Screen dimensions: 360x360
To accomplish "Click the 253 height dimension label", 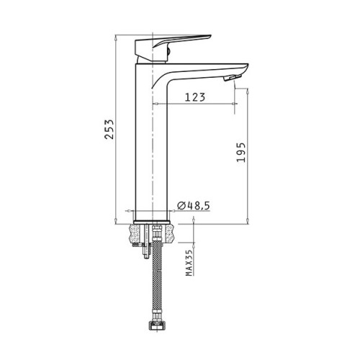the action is [109, 129].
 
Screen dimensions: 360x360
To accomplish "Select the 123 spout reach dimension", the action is [195, 97].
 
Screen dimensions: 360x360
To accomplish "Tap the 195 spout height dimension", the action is [241, 153].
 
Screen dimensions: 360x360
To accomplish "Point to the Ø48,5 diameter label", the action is [194, 206].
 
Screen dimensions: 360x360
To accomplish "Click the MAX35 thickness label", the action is [189, 263].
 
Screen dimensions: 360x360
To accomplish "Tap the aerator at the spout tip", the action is [232, 78].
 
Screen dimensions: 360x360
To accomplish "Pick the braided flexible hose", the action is [157, 279].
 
